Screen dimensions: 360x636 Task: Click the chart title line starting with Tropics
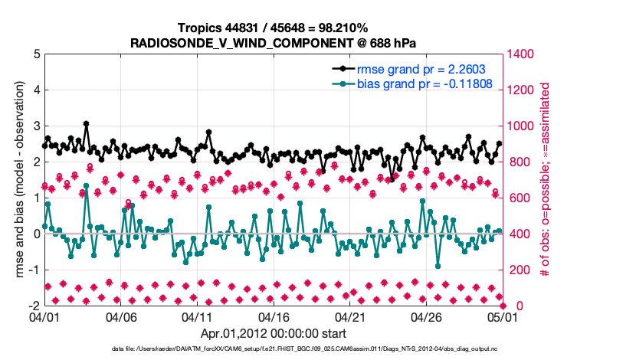[x=274, y=27]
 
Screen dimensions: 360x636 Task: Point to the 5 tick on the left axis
[x=36, y=54]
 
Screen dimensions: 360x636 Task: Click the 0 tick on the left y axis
[x=36, y=234]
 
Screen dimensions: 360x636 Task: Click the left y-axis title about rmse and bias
[x=16, y=180]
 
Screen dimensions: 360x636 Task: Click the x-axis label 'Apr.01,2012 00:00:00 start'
[x=273, y=333]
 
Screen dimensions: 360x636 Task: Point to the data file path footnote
[x=273, y=349]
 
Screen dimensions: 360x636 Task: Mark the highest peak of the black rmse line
[x=87, y=123]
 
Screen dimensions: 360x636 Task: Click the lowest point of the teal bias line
[x=438, y=266]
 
